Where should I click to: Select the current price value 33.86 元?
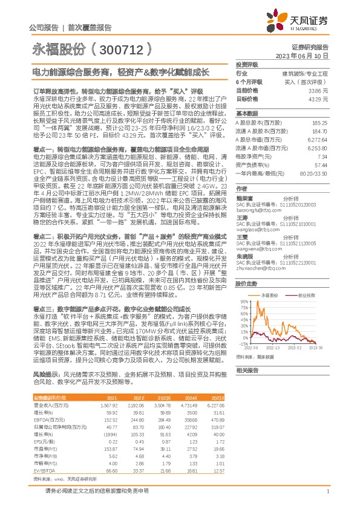coord(317,89)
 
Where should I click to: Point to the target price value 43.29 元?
coord(317,98)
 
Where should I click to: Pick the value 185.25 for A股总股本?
coord(319,122)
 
